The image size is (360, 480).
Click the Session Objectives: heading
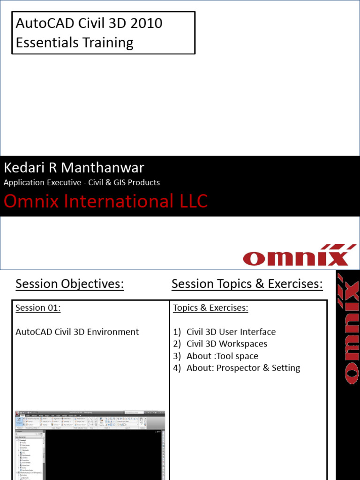click(x=69, y=284)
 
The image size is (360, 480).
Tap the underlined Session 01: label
click(x=38, y=308)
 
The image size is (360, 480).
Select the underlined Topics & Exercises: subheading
click(x=210, y=308)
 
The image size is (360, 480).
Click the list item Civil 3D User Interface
click(x=231, y=332)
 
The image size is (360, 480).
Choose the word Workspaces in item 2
click(x=243, y=344)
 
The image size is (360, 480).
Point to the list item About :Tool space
click(x=222, y=356)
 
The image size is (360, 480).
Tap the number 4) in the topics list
click(x=177, y=368)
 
